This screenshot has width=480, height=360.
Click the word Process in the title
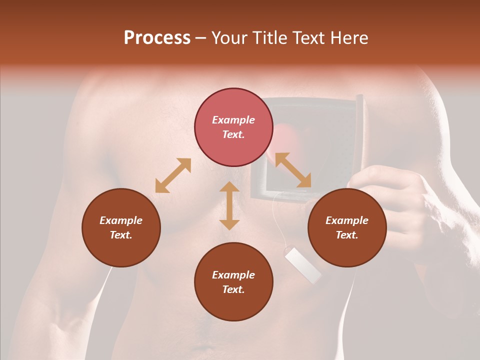(157, 38)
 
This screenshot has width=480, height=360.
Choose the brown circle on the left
(121, 227)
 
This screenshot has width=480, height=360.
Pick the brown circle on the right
(347, 227)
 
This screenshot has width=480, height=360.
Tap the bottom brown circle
(233, 281)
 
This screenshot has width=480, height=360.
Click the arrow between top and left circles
(173, 175)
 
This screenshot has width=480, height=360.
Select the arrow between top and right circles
(292, 170)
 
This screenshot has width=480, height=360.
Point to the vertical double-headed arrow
(229, 205)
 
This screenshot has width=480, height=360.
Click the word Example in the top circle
(233, 120)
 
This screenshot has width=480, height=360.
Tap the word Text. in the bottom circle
(233, 289)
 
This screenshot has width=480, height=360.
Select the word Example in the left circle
(121, 220)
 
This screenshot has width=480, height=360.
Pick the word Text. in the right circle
(347, 235)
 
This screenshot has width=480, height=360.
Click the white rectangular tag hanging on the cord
(303, 264)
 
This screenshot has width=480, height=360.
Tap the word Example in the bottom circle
(233, 275)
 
